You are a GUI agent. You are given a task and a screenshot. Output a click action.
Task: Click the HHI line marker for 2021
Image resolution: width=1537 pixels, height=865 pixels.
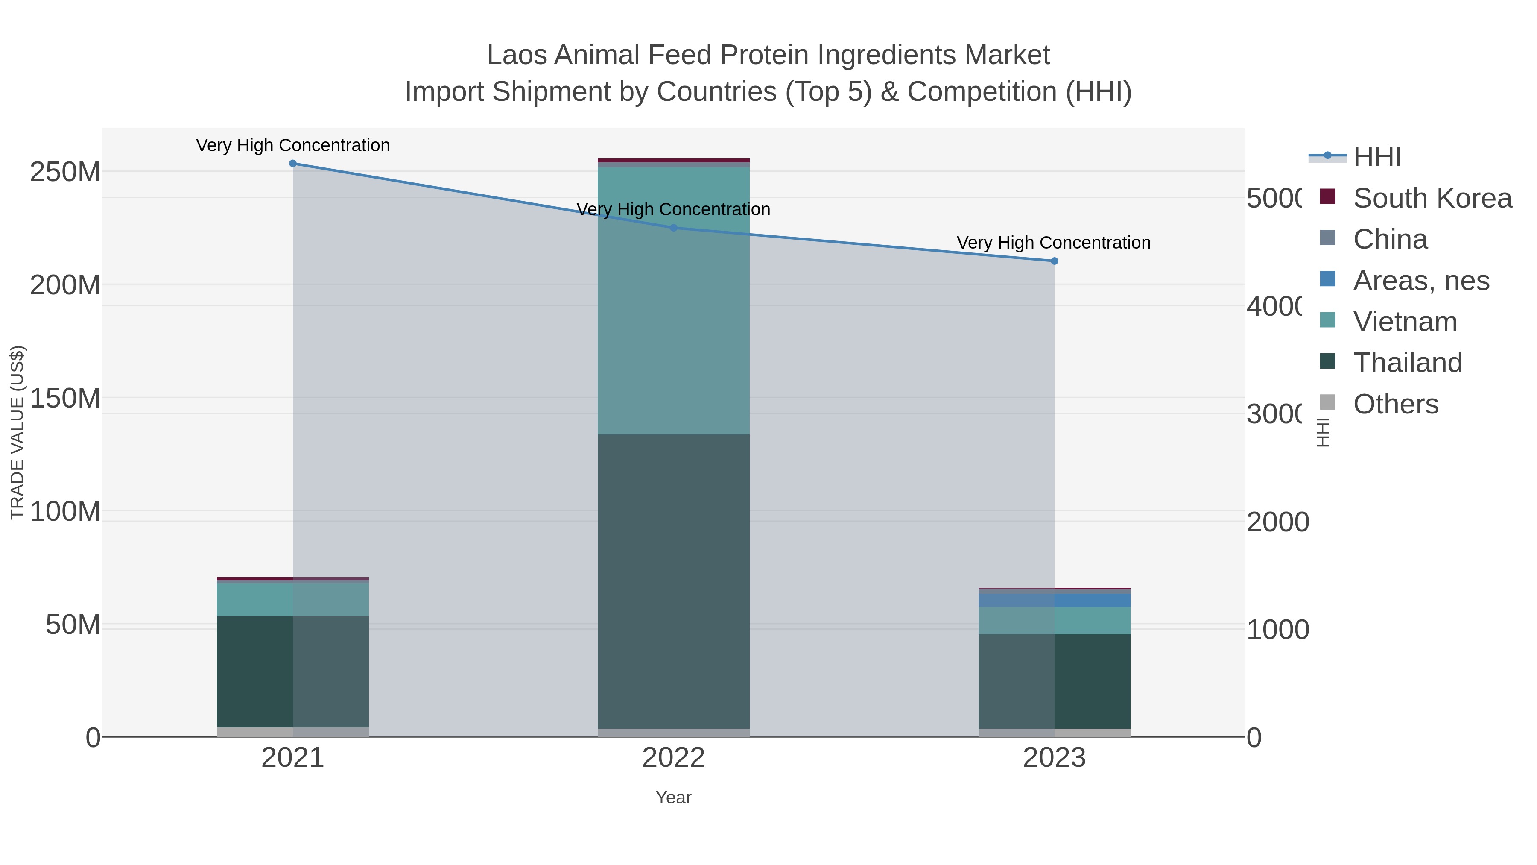[292, 164]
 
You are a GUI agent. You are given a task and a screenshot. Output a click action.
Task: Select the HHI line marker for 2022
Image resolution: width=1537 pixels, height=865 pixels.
[674, 227]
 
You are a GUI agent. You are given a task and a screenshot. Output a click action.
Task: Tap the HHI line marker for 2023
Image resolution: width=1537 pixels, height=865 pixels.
[1054, 261]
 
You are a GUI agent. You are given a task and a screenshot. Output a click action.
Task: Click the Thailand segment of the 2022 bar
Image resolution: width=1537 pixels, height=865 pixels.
[674, 582]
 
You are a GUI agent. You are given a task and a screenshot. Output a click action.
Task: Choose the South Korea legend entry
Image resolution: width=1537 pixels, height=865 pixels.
[1432, 198]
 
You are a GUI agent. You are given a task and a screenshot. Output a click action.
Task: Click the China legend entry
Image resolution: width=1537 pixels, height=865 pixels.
[1390, 239]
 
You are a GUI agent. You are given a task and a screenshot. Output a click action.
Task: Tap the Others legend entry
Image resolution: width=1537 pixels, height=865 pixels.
[1396, 404]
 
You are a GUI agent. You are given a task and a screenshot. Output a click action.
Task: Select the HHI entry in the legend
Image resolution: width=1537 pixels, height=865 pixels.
[1377, 157]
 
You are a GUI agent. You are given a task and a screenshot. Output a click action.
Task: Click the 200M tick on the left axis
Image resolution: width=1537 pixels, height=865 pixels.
[65, 285]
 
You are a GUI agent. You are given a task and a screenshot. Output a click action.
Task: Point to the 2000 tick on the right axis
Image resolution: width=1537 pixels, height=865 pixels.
[1277, 522]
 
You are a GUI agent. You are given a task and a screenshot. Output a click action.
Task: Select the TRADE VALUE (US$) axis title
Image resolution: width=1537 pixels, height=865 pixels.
[18, 432]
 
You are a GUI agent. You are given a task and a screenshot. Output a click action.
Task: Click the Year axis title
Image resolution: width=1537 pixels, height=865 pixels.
[674, 798]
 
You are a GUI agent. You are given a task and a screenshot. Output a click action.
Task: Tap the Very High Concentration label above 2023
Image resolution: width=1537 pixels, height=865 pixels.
[1054, 243]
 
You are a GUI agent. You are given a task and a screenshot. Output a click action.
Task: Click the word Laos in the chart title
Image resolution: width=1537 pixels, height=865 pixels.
[517, 55]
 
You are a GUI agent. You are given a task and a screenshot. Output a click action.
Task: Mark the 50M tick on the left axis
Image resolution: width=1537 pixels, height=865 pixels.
[73, 625]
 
